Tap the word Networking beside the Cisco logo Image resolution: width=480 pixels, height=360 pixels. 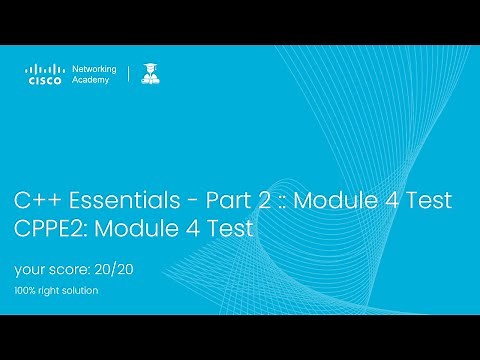point(96,69)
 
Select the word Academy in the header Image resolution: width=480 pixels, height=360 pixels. point(93,82)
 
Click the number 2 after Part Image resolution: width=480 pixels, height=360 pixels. point(262,200)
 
